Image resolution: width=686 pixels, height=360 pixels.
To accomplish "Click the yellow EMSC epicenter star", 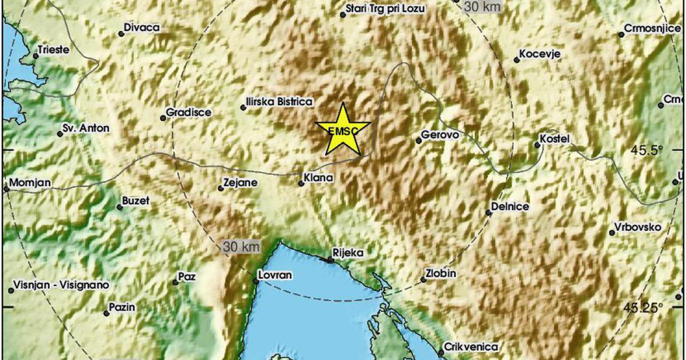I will tap(342, 130).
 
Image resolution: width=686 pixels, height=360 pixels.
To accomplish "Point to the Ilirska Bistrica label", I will tap(279, 102).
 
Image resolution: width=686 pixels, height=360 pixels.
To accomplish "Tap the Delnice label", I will tap(510, 207).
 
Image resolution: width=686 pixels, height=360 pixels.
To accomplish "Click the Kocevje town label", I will tap(540, 55).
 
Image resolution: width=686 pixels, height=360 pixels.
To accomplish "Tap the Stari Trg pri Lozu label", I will tap(382, 9).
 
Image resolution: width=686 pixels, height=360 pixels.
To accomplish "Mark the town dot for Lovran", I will tap(256, 281).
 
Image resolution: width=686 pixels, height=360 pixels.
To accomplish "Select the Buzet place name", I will tap(136, 201).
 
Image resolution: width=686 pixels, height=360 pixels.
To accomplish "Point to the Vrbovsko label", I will tap(638, 227).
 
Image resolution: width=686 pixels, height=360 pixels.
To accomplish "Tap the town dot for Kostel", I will tap(537, 145).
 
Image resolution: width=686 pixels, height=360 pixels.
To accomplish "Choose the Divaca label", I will tap(142, 27).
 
